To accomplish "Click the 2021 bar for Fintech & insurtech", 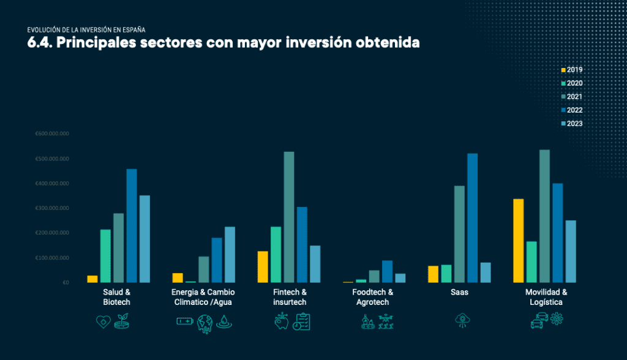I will point(289,217).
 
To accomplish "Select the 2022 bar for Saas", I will point(472,218).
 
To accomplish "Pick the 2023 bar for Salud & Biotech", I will point(145,239).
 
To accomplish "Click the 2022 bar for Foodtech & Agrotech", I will point(387,271).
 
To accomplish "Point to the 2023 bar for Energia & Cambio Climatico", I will point(230,255).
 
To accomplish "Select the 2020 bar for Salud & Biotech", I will point(106,256).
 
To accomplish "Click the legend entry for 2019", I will point(572,70).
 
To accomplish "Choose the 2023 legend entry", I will point(572,124).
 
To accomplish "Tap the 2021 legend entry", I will point(572,97).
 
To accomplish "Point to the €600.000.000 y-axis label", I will point(52,134).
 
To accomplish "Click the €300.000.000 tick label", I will point(52,208).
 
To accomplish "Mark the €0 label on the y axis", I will point(48,282).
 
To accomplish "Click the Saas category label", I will point(459,293).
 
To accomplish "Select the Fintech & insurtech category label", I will point(290,298).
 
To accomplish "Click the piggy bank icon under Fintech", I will point(281,321).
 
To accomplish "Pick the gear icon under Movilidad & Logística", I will point(556,318).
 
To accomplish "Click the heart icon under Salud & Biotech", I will point(103,321).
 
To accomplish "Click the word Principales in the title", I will point(96,43).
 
